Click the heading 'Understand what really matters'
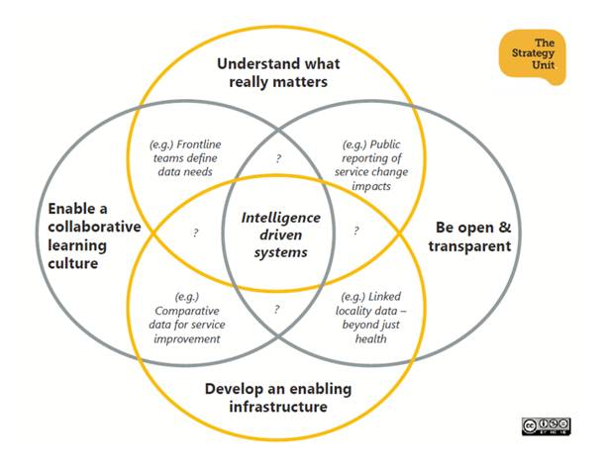point(277,72)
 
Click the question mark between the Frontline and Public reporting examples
point(278,157)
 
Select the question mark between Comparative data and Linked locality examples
point(277,309)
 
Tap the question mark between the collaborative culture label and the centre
point(195,234)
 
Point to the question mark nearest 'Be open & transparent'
point(355,232)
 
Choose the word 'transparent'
point(471,244)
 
